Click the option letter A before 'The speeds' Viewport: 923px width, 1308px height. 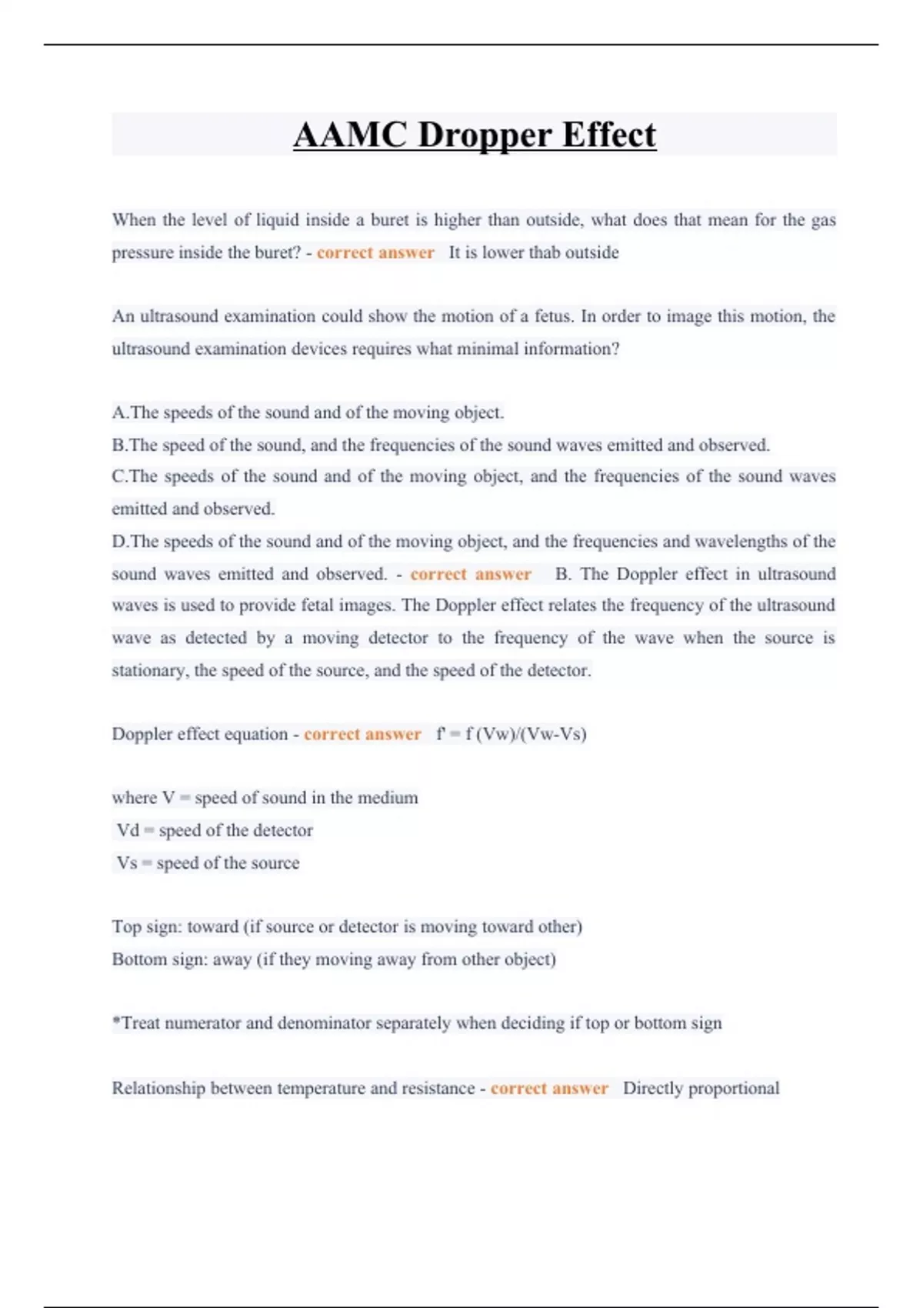(x=119, y=412)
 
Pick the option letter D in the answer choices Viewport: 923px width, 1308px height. (x=119, y=542)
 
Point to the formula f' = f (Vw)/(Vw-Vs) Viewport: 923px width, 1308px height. (x=511, y=734)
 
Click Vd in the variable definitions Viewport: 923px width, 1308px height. (x=128, y=830)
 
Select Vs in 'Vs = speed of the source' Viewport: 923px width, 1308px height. (x=127, y=863)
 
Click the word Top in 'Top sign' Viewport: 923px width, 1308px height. (x=126, y=926)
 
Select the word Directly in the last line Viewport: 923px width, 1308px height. (x=652, y=1088)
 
